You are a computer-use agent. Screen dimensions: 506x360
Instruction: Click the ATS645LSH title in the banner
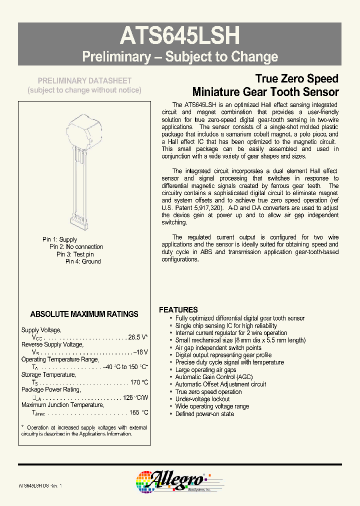180,36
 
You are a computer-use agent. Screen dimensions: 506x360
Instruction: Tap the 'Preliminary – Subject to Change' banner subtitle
180,56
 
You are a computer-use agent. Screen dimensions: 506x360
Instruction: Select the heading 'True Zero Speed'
296,78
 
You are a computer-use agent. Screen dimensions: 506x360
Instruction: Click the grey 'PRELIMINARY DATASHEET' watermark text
85,80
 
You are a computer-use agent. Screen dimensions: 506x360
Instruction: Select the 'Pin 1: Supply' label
59,239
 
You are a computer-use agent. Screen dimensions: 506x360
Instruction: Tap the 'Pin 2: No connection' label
76,246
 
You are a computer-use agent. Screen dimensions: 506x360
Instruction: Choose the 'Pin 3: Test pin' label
74,254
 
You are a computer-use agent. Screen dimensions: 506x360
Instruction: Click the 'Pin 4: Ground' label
83,261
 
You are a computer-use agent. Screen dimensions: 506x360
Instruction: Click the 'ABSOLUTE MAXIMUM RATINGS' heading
84,314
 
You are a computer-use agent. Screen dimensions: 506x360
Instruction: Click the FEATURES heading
178,309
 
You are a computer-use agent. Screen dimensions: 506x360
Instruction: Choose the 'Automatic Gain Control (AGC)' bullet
214,377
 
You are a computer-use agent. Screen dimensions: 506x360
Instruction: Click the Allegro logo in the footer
170,481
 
